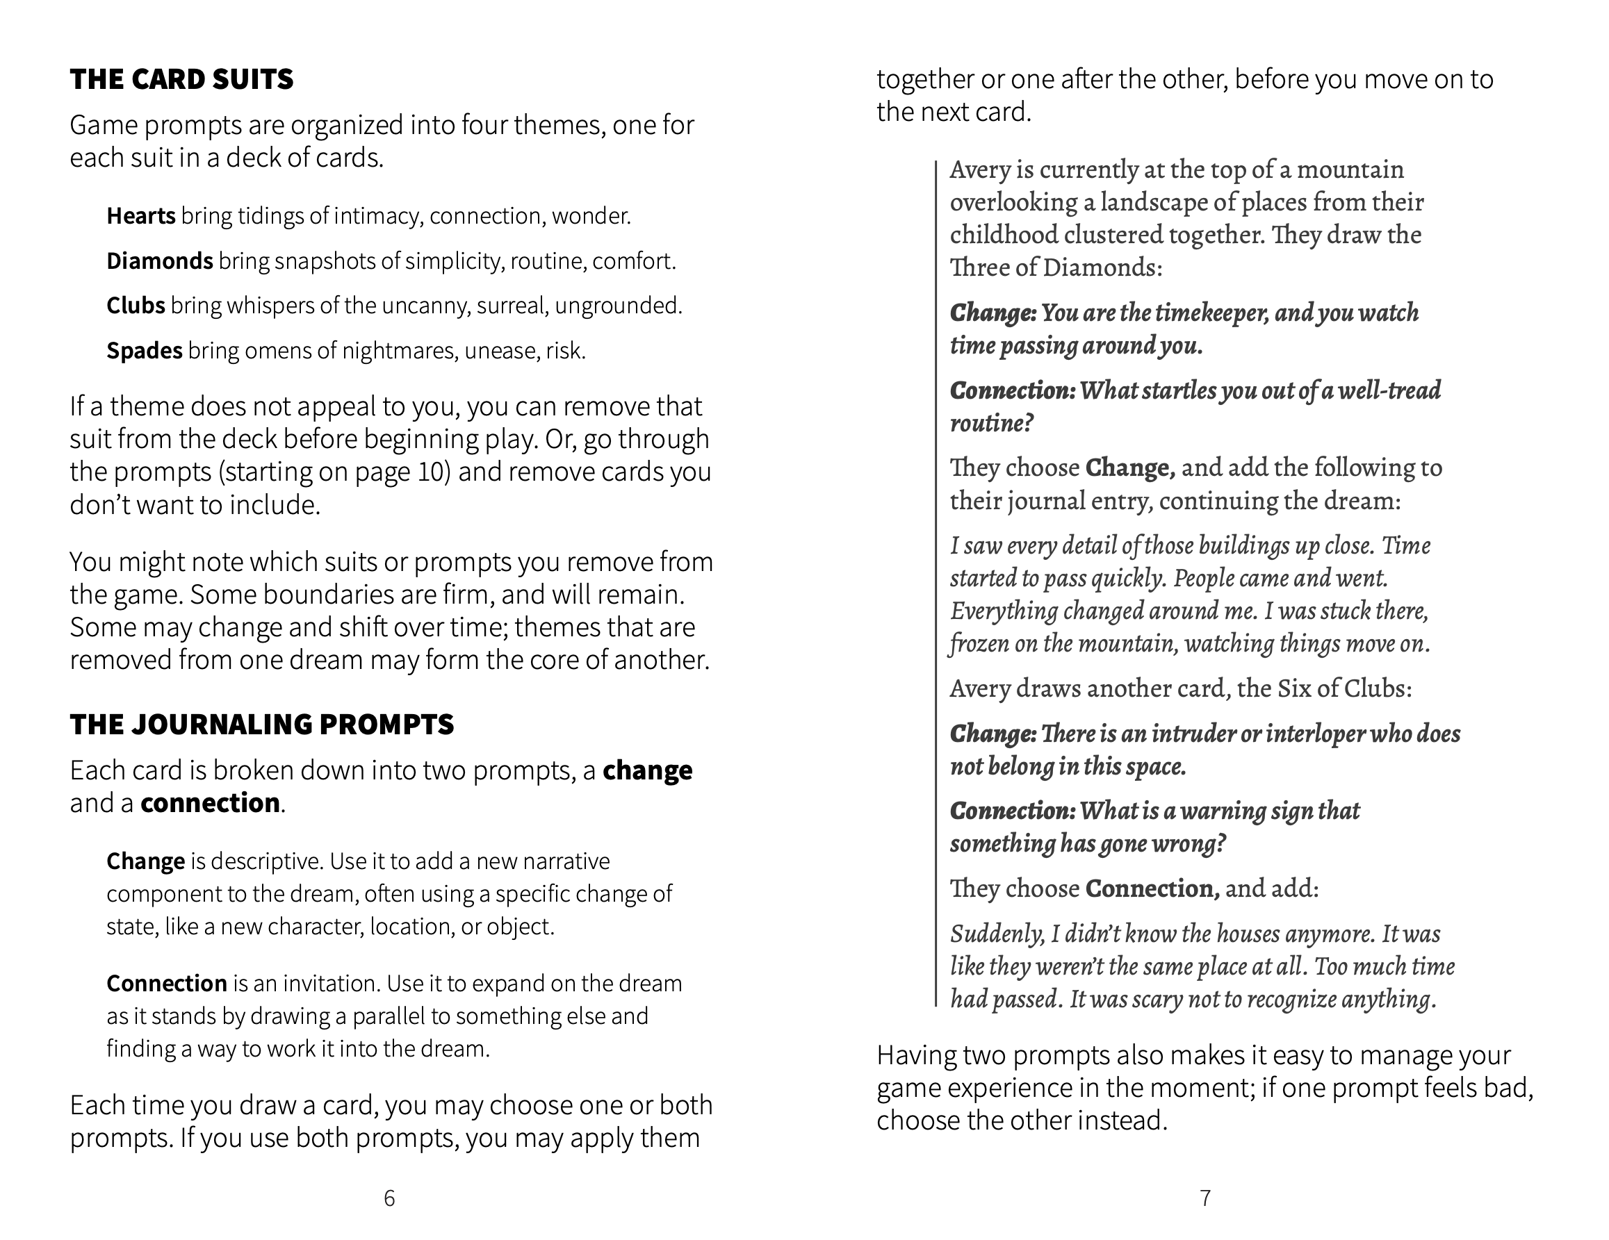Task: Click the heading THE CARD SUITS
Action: point(181,79)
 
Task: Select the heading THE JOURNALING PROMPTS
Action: point(261,725)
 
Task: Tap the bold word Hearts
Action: point(140,216)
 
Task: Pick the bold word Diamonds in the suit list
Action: point(160,261)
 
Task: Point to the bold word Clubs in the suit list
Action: point(136,306)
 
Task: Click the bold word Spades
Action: point(145,351)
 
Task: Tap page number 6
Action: point(389,1199)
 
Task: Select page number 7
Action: point(1205,1199)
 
